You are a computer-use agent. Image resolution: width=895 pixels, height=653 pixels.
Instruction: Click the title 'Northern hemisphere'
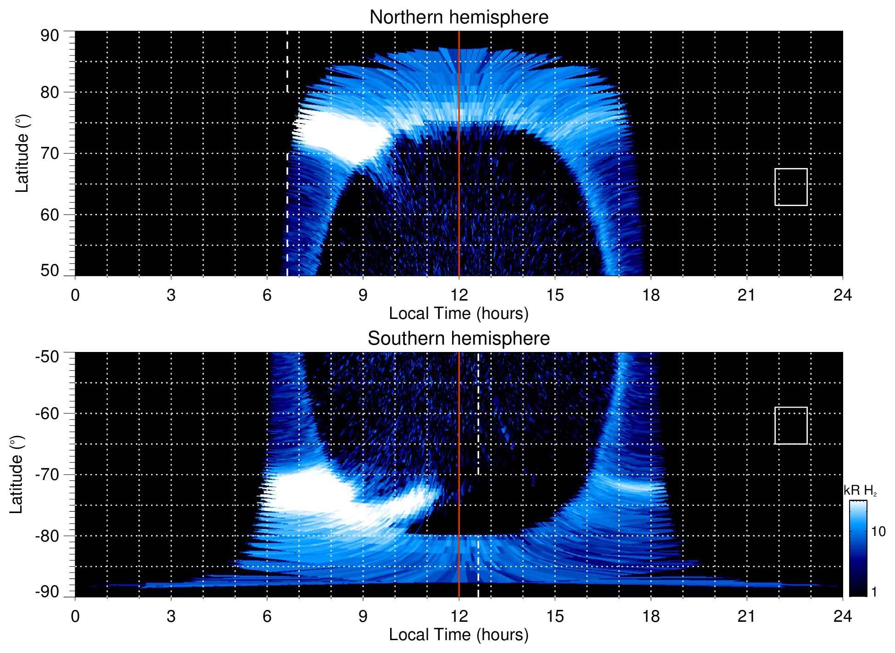click(x=459, y=17)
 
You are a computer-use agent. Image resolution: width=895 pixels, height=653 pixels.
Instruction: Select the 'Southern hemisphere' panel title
click(x=459, y=339)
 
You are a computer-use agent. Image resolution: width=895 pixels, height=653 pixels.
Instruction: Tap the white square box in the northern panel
click(x=791, y=187)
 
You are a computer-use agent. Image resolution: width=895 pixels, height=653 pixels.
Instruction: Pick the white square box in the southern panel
click(x=791, y=425)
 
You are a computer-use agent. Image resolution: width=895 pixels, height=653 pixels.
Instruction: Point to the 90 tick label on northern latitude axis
click(x=50, y=36)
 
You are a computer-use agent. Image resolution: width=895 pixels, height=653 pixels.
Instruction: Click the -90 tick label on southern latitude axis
click(x=47, y=592)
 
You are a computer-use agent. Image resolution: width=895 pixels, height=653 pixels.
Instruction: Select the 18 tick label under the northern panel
click(x=651, y=295)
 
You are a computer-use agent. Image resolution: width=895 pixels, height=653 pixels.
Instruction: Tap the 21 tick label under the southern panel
click(x=747, y=616)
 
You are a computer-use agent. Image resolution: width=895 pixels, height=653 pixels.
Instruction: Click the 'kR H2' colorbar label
click(x=860, y=491)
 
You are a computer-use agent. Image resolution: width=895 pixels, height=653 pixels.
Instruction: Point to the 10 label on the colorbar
click(x=878, y=531)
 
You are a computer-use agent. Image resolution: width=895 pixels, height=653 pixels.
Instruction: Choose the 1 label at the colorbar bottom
click(x=874, y=592)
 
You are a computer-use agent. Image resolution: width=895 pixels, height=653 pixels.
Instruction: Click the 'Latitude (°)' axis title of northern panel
click(x=22, y=153)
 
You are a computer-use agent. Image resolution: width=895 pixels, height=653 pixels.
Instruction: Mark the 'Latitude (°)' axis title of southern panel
click(x=16, y=474)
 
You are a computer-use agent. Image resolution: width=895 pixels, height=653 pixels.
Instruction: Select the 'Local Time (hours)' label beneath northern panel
click(x=459, y=313)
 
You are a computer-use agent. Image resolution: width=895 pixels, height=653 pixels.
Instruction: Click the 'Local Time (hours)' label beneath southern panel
click(x=459, y=635)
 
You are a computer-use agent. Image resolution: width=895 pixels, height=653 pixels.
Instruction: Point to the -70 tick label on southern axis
click(x=47, y=474)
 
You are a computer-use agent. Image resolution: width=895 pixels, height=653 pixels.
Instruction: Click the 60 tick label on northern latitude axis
click(x=50, y=215)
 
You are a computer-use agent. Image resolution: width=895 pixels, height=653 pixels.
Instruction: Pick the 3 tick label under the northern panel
click(x=171, y=295)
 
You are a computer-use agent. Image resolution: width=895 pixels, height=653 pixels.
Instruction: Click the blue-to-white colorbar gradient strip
click(x=858, y=548)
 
